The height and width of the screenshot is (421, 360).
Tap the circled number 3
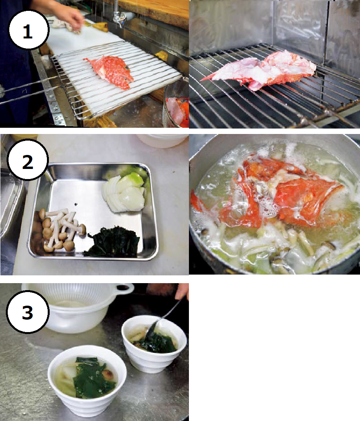27,313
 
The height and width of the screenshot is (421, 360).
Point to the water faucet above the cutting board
119,16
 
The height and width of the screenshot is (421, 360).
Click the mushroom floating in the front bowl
109,375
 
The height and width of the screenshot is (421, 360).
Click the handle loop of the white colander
124,289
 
